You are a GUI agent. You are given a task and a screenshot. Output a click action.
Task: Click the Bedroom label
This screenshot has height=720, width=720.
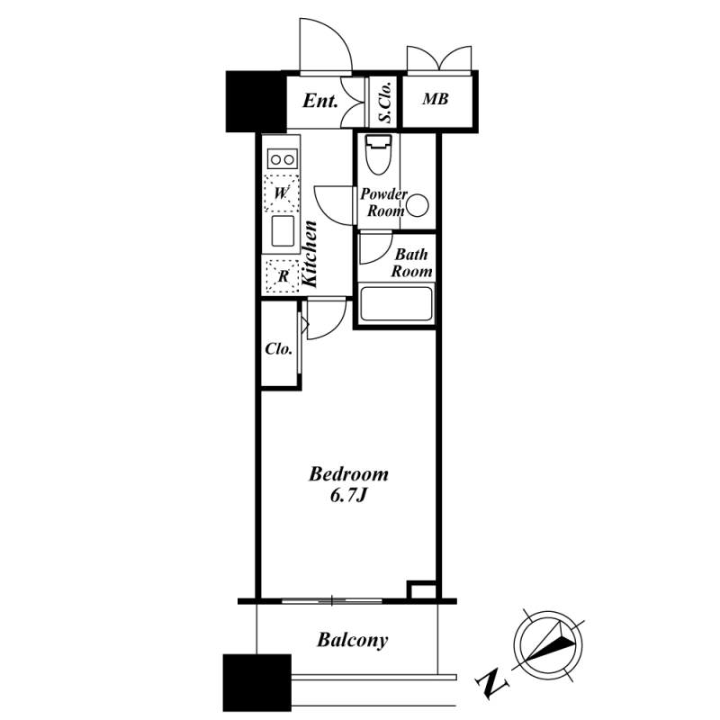[348, 474]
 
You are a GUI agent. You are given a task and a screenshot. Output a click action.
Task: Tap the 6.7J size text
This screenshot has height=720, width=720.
[348, 496]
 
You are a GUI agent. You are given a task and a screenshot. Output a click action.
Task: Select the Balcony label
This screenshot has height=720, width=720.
[352, 640]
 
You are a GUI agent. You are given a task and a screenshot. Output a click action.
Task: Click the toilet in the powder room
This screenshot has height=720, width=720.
[379, 155]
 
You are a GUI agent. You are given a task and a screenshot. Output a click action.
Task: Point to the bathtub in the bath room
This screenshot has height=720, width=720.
[396, 303]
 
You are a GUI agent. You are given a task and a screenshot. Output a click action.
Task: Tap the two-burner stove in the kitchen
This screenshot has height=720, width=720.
[283, 159]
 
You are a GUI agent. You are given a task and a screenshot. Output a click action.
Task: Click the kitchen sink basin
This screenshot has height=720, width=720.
[283, 231]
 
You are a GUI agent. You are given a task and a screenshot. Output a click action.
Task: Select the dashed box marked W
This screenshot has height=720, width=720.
[282, 193]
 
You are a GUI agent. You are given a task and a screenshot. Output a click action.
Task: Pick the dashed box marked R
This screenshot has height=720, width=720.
[283, 276]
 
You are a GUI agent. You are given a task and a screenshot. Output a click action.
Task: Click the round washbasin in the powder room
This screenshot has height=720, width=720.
[418, 206]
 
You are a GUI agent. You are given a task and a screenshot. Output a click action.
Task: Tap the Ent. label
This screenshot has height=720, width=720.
[320, 101]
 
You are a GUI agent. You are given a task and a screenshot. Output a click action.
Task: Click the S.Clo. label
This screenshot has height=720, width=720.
[386, 103]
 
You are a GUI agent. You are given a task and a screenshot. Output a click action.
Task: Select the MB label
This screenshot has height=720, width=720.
[436, 99]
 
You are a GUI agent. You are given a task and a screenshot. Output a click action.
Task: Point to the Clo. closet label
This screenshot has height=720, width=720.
[279, 349]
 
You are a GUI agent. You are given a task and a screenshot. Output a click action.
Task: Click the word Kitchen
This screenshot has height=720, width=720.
[309, 255]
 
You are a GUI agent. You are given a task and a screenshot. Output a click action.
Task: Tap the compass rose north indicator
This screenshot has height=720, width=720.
[548, 644]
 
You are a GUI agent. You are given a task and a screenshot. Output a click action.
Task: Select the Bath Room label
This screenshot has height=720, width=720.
[411, 263]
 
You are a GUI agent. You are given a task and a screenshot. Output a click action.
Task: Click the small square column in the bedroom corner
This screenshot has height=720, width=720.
[421, 590]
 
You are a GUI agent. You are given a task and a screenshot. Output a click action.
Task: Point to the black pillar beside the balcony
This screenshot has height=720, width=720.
[257, 683]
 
